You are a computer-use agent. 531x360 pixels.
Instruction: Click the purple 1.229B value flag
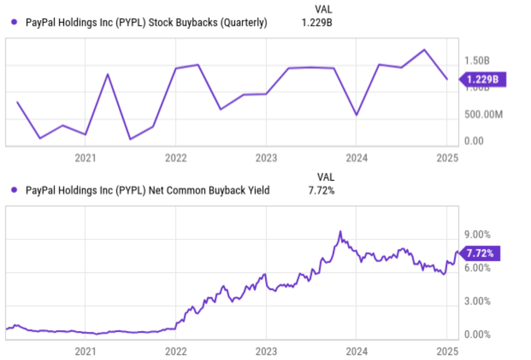click(482, 80)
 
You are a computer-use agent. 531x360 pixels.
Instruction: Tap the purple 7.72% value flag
click(480, 253)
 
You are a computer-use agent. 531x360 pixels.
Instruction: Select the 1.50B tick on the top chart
click(477, 61)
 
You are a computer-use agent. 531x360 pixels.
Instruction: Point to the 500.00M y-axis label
click(483, 115)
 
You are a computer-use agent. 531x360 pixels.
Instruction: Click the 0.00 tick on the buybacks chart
click(474, 141)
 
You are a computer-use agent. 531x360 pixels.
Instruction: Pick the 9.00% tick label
click(477, 235)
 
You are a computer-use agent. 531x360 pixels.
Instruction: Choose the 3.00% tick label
click(477, 301)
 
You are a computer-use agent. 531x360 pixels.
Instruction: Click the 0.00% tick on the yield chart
click(477, 334)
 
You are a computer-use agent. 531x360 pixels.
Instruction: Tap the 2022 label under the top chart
click(176, 158)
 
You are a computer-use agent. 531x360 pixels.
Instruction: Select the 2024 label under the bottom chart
click(356, 351)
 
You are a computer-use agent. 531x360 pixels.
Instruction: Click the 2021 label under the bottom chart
click(85, 351)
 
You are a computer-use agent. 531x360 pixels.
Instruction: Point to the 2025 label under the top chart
click(447, 158)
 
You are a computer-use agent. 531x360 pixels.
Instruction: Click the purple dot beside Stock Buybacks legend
click(14, 22)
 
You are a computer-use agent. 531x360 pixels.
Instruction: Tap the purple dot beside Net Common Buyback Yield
click(14, 190)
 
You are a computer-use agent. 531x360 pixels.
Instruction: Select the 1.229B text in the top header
click(316, 23)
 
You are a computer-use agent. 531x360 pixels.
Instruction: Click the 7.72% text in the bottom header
click(321, 190)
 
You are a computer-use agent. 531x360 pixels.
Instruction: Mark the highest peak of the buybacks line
click(424, 50)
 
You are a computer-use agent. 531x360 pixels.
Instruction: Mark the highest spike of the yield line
click(340, 231)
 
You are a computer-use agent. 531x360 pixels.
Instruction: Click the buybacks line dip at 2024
click(356, 115)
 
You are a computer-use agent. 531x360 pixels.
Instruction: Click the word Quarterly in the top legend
click(243, 23)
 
